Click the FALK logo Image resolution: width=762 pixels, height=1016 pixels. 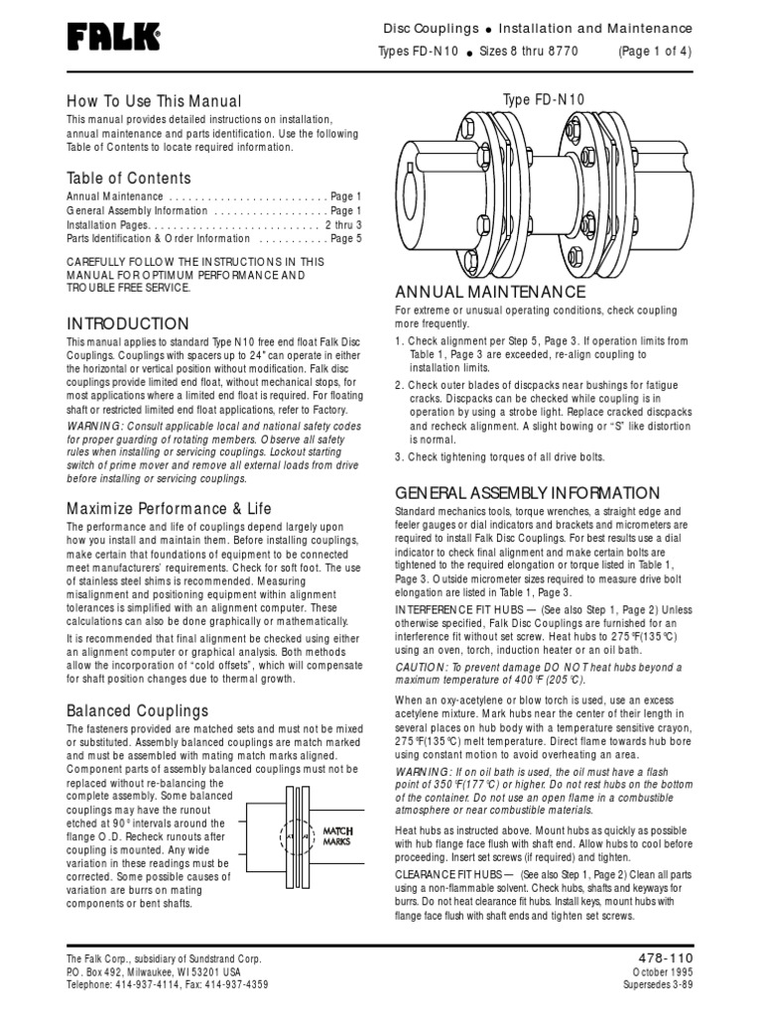tap(113, 39)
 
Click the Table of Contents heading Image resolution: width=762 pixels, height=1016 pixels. tap(128, 179)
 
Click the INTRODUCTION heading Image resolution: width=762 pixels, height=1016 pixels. tap(127, 324)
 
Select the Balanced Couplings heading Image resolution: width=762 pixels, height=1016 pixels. tap(137, 710)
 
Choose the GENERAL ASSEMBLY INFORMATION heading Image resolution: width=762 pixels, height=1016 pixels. tap(527, 493)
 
